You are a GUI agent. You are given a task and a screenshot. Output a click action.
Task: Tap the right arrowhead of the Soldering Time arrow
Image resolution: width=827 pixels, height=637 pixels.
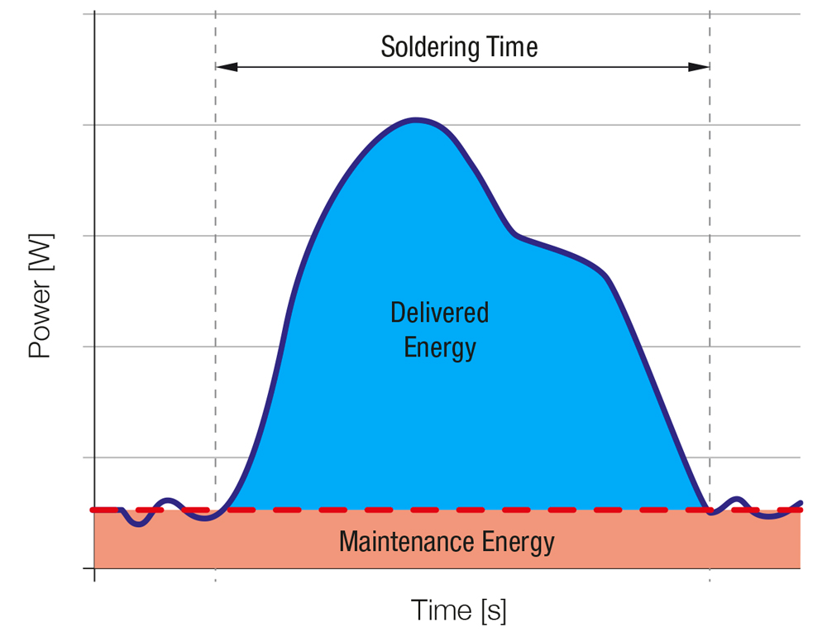703,67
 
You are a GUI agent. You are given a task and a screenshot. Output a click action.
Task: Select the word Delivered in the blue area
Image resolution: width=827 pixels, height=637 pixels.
439,313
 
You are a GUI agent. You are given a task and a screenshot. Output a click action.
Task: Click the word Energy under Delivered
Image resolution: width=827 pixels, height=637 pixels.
439,347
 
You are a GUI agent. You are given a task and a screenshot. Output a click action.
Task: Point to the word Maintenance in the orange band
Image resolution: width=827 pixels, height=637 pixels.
395,543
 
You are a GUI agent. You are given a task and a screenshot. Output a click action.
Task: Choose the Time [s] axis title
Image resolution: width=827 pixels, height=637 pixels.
458,611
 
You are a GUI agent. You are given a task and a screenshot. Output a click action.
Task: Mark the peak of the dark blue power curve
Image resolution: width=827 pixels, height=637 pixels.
416,121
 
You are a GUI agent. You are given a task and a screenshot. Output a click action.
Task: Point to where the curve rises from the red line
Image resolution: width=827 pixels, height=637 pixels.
227,509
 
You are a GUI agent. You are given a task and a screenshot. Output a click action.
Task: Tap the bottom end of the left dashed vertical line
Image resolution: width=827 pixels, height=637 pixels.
215,579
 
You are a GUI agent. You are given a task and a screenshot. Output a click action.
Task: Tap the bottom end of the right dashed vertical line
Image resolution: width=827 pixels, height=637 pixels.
710,579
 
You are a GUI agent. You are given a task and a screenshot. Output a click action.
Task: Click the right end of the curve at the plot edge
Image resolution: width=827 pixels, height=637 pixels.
800,502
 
